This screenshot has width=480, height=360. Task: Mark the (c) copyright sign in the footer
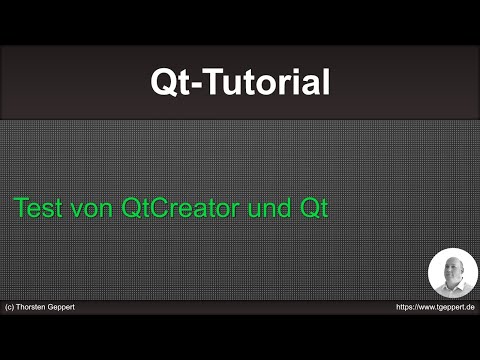click(10, 307)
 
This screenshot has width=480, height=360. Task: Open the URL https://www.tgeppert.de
click(435, 307)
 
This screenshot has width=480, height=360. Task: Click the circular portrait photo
click(452, 272)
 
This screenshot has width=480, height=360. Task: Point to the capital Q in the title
click(161, 82)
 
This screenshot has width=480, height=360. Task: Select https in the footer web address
click(405, 307)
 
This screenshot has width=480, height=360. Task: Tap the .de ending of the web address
click(470, 307)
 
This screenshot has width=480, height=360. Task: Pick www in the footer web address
click(430, 307)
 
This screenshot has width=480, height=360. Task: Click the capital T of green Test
click(20, 209)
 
